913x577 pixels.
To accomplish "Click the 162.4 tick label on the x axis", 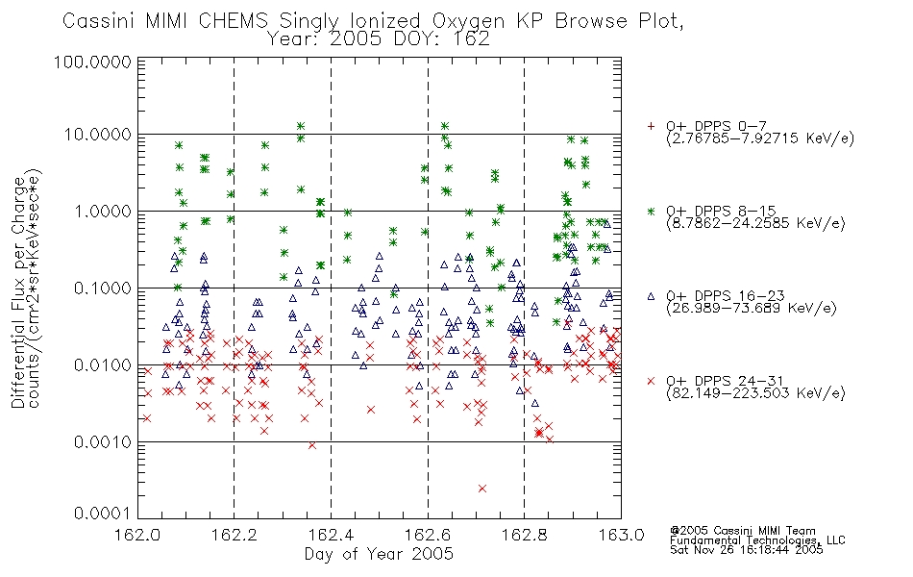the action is [x=331, y=535].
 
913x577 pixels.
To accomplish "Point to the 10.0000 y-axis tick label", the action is [x=98, y=135].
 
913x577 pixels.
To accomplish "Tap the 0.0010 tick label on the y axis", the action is [x=103, y=442].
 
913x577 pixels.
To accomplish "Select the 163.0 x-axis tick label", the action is [x=621, y=535].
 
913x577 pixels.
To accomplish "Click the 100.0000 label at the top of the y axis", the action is [x=92, y=62].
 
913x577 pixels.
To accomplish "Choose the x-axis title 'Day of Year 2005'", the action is [x=379, y=554].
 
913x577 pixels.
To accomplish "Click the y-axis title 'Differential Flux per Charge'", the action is [x=18, y=291].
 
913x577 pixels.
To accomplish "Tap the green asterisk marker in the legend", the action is [x=651, y=211].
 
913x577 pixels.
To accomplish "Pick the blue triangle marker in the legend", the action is [x=651, y=296].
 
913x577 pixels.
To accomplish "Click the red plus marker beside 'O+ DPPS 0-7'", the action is [x=651, y=126].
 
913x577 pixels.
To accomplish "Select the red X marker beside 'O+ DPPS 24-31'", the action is [x=651, y=381].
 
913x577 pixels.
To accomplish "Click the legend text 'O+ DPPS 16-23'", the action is [x=726, y=296].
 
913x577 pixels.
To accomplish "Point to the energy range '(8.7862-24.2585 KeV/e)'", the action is [x=755, y=223].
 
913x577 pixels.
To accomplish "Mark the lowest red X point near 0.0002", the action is [x=482, y=489].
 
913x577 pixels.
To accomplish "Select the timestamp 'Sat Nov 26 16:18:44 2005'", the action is [x=747, y=550].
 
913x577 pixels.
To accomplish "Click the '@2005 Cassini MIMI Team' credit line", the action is [x=742, y=531].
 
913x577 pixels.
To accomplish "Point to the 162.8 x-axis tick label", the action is [x=524, y=535].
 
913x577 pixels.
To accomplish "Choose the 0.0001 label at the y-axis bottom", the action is [x=103, y=514].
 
